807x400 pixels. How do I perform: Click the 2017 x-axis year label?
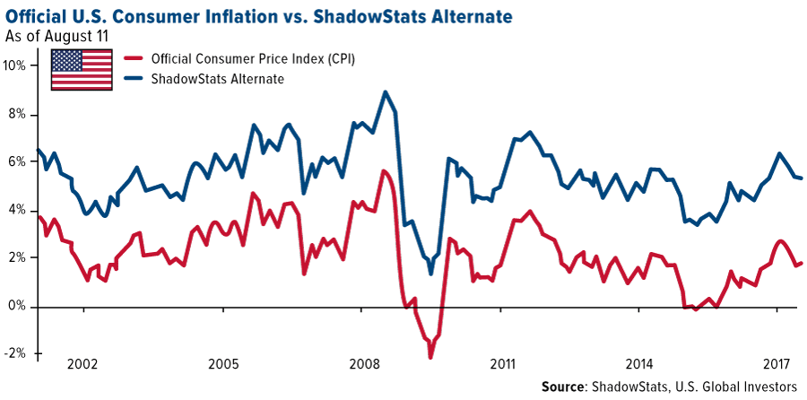(x=776, y=366)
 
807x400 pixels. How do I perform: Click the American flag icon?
(x=82, y=70)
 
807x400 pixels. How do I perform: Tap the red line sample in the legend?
(x=133, y=59)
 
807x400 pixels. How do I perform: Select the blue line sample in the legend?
(x=133, y=79)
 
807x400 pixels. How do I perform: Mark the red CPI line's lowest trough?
(x=430, y=357)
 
